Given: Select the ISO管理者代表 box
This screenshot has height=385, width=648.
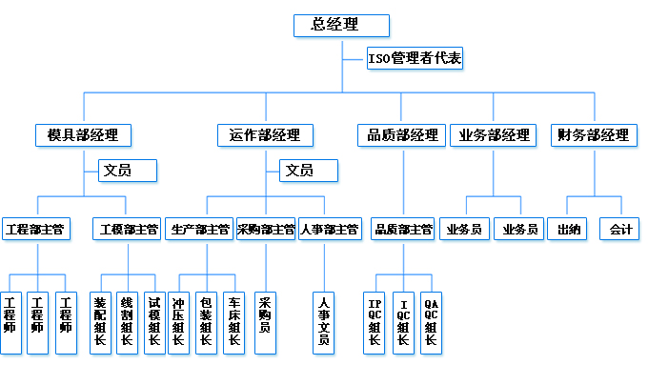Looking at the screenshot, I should coord(415,59).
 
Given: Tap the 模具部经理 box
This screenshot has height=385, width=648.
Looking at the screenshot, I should coord(83,134).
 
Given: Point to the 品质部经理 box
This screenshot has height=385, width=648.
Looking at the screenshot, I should coord(401,134).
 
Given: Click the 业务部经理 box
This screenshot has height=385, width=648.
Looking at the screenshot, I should coord(494,134).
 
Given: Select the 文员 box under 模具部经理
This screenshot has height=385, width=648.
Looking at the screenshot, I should coord(128,171).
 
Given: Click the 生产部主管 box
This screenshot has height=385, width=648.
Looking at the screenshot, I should coord(199,230).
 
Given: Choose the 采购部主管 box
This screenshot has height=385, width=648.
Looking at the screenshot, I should coord(266,230).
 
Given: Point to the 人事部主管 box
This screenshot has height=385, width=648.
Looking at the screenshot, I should coord(329,230).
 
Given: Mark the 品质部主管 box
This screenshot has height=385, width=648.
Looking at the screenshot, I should coord(403,230).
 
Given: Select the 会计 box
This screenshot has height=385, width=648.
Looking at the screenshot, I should coord(620,230).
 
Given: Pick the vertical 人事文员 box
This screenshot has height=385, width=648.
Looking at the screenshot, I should coord(324,322).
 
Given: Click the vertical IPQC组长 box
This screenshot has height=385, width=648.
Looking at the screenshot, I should coord(375,322).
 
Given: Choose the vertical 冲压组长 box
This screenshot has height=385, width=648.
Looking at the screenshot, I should coord(178,322).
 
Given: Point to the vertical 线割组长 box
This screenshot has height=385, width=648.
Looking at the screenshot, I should coord(127,322).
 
